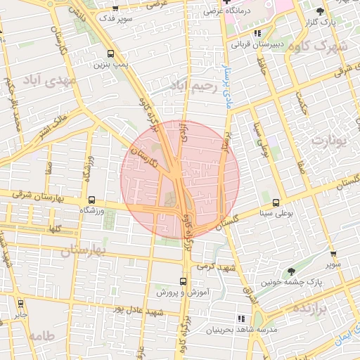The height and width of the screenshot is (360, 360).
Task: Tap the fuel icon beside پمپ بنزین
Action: (110, 53)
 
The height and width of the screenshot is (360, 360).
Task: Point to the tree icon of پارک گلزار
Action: (321, 11)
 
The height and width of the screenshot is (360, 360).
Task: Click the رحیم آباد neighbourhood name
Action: (191, 85)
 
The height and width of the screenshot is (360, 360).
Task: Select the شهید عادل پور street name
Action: (140, 311)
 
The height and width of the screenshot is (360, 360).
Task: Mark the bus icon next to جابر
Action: (20, 304)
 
